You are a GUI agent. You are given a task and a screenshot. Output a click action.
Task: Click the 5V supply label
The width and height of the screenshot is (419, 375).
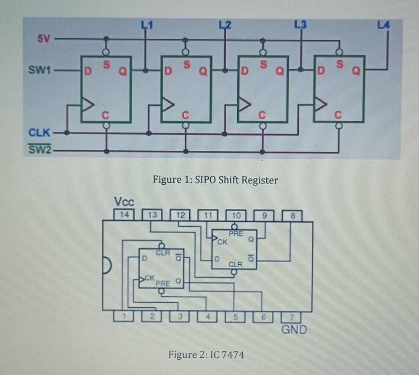coord(44,40)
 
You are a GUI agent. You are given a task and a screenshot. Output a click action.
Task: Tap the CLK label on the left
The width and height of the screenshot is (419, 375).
coord(39,133)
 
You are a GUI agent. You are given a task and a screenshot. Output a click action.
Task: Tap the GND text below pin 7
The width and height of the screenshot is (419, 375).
coord(294,329)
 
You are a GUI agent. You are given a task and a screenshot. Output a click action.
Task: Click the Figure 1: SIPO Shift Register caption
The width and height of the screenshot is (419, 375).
coord(215,180)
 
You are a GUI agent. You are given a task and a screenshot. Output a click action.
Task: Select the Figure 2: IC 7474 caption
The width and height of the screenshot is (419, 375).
coord(206,355)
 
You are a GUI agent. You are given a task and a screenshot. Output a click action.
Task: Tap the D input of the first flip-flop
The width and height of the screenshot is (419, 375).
coord(88,71)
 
